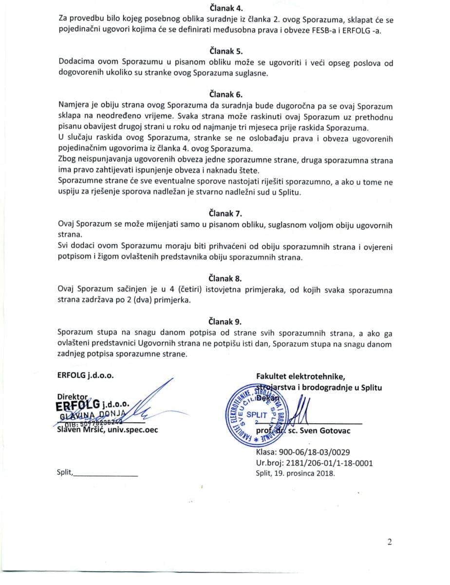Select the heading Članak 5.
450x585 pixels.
225,51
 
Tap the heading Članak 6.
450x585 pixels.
225,94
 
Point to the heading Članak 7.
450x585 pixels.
225,214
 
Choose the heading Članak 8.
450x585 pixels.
225,278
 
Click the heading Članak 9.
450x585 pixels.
225,321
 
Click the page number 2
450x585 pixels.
390,542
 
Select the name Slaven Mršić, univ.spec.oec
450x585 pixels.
107,430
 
